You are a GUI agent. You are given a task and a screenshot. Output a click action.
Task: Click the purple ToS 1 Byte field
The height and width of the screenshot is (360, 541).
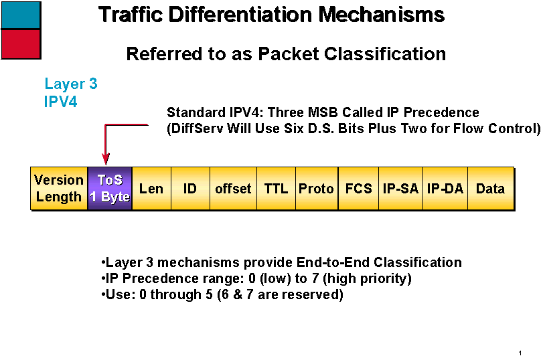click(110, 188)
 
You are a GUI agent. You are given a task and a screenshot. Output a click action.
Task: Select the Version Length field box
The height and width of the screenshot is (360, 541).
click(59, 188)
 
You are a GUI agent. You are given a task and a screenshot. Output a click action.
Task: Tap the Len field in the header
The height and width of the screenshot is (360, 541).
click(152, 188)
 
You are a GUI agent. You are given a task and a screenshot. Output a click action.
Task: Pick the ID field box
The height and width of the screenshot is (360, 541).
click(190, 188)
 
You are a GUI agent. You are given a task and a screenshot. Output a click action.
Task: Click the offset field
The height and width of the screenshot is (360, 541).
click(233, 188)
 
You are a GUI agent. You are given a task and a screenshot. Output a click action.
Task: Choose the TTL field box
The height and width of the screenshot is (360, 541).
click(276, 188)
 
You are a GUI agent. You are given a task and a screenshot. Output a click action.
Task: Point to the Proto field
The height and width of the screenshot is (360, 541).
click(317, 188)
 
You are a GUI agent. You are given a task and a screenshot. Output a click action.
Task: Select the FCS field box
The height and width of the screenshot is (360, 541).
click(358, 188)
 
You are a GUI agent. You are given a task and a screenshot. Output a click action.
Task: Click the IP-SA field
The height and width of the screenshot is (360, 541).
click(400, 188)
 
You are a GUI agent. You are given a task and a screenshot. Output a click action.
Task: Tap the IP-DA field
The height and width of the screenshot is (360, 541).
click(445, 188)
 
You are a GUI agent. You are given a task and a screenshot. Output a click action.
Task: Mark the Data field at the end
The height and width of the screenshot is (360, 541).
click(491, 188)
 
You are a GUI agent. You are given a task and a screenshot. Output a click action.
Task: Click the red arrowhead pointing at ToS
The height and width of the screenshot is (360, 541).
click(106, 159)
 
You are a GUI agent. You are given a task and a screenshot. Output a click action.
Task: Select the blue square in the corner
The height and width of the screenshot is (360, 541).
click(21, 15)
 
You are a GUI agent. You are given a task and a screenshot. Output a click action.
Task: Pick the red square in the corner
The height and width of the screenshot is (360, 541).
click(21, 44)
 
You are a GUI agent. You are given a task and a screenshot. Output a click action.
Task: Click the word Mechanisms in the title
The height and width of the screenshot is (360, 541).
click(381, 15)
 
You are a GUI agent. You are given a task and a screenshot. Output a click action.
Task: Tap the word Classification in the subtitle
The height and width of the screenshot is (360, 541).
click(385, 54)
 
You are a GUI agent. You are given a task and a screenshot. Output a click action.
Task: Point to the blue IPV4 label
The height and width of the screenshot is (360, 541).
click(61, 102)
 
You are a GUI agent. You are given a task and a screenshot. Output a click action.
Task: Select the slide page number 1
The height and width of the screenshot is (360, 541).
click(520, 353)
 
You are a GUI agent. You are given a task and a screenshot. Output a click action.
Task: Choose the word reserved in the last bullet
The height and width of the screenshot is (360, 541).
click(299, 294)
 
